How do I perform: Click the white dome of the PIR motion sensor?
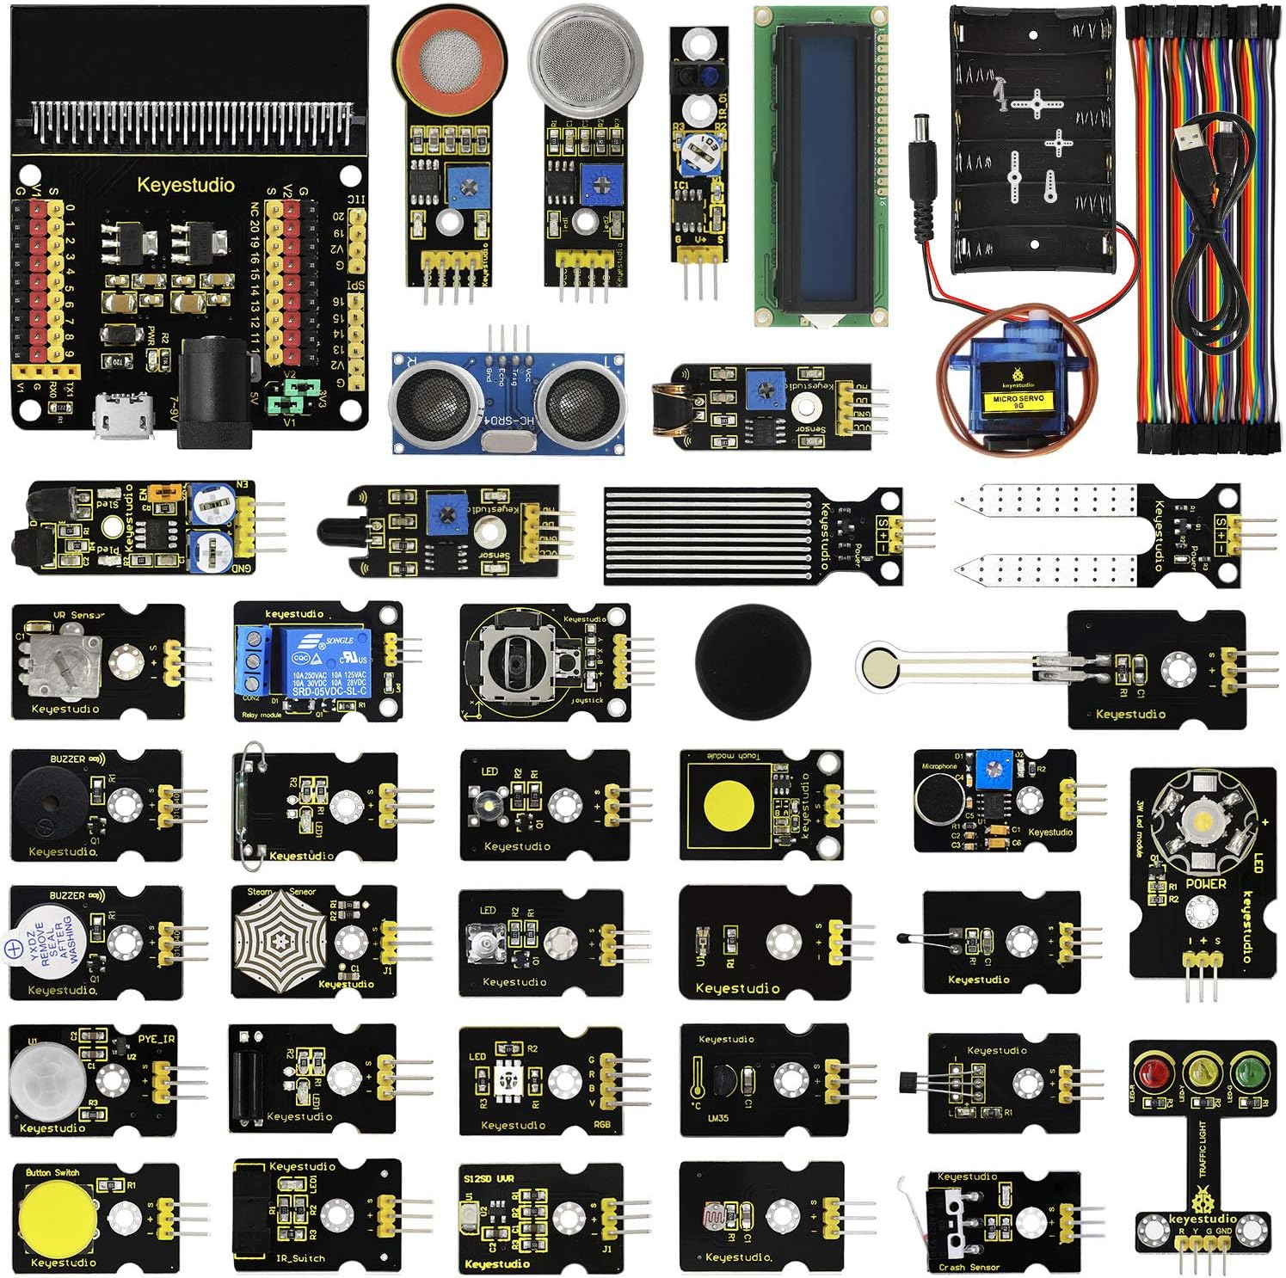coord(42,1078)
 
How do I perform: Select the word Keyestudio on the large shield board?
coord(186,185)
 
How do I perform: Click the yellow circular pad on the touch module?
coord(729,805)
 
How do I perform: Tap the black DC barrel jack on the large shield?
coord(215,391)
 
